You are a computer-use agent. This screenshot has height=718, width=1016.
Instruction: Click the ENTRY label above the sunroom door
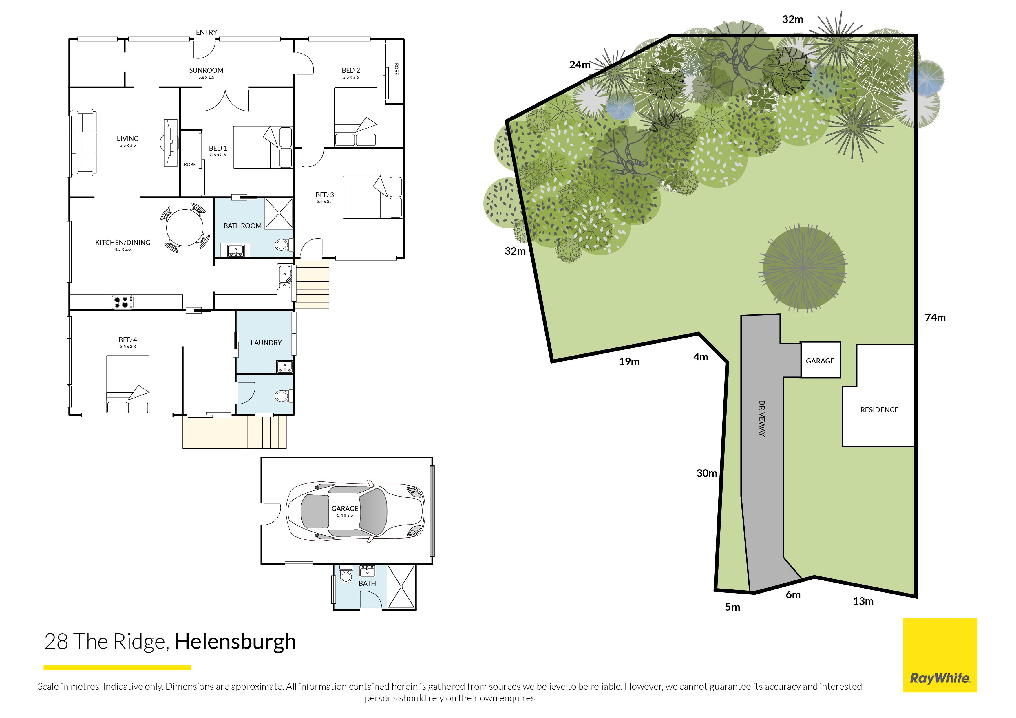[207, 32]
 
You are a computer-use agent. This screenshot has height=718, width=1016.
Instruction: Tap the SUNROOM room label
[206, 70]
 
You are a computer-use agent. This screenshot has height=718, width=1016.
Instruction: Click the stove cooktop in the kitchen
[123, 302]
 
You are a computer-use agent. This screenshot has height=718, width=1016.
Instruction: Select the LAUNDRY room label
[266, 342]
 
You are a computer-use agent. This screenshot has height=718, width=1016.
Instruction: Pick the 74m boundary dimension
[935, 317]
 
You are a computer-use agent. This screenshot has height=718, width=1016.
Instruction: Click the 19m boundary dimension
[629, 361]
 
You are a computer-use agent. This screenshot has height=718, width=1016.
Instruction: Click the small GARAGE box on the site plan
[820, 360]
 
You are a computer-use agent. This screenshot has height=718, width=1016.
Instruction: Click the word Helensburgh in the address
[235, 642]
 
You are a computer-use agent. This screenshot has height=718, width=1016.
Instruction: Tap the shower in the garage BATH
[401, 587]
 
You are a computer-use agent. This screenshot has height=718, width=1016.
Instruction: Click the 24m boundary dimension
[580, 65]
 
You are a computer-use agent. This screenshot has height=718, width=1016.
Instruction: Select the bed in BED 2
[355, 117]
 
